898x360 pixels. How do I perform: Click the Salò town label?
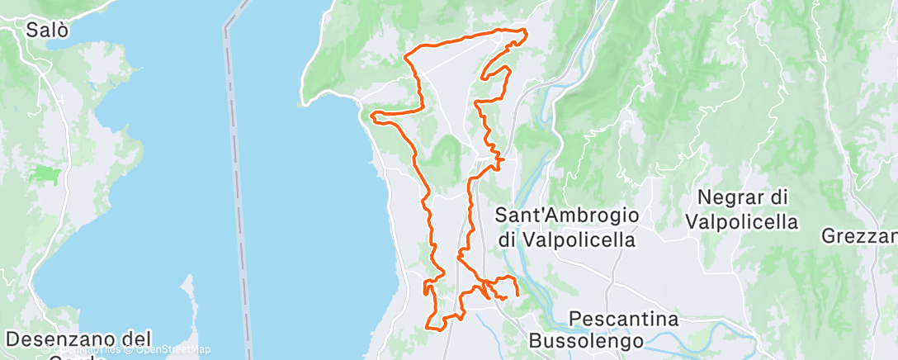click(x=47, y=31)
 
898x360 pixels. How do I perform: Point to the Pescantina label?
click(x=624, y=319)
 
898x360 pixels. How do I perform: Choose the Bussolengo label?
click(x=580, y=339)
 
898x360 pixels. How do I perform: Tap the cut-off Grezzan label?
click(x=858, y=236)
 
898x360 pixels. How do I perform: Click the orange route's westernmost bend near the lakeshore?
click(x=374, y=114)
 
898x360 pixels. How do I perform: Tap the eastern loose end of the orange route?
click(x=518, y=294)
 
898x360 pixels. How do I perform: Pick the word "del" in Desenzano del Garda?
click(x=137, y=339)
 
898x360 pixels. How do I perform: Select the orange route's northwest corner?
click(x=407, y=56)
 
